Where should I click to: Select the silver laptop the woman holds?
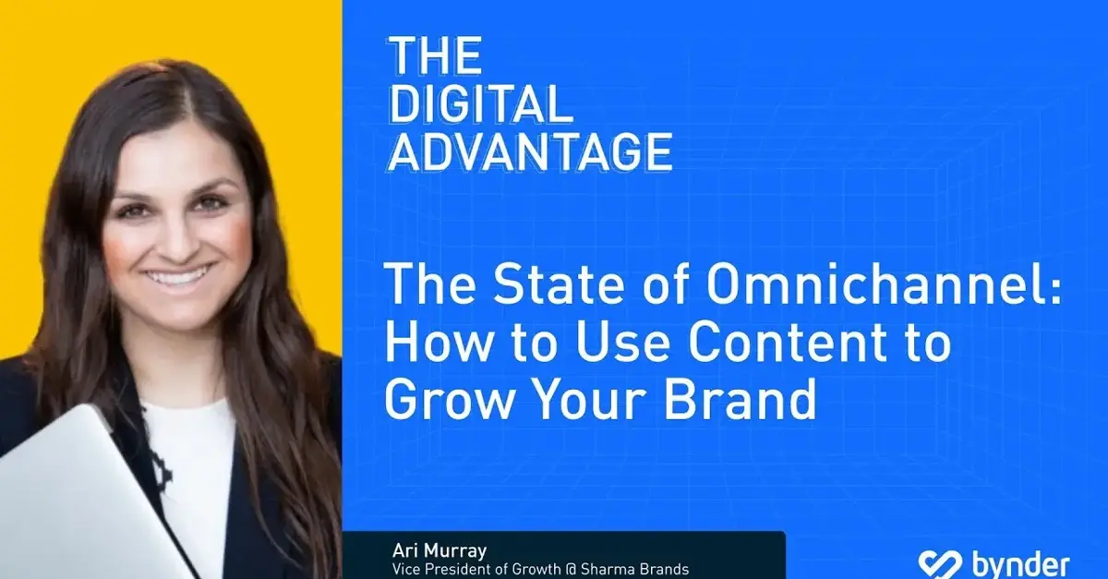(74, 499)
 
